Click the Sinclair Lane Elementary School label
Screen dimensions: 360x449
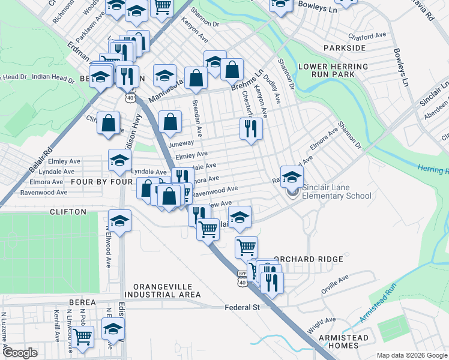336,191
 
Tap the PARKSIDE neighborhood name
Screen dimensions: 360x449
344,47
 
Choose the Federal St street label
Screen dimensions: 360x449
241,307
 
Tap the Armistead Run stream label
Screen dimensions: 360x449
378,304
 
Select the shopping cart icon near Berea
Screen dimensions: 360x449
83,337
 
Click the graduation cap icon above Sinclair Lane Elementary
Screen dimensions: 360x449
292,177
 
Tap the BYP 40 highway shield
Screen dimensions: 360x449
242,278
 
